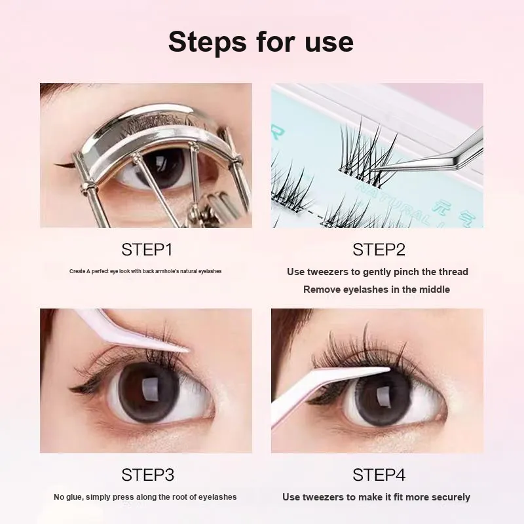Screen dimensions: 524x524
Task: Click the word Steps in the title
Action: pyautogui.click(x=208, y=42)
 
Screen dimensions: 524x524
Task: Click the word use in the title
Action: pyautogui.click(x=329, y=43)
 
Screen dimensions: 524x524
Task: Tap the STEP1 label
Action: pyautogui.click(x=147, y=250)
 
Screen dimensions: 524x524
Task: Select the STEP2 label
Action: pyautogui.click(x=379, y=250)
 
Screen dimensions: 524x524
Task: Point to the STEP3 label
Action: pyautogui.click(x=148, y=475)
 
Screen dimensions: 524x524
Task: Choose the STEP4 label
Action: pyautogui.click(x=379, y=475)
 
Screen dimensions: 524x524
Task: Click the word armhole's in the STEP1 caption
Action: pyautogui.click(x=168, y=271)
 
